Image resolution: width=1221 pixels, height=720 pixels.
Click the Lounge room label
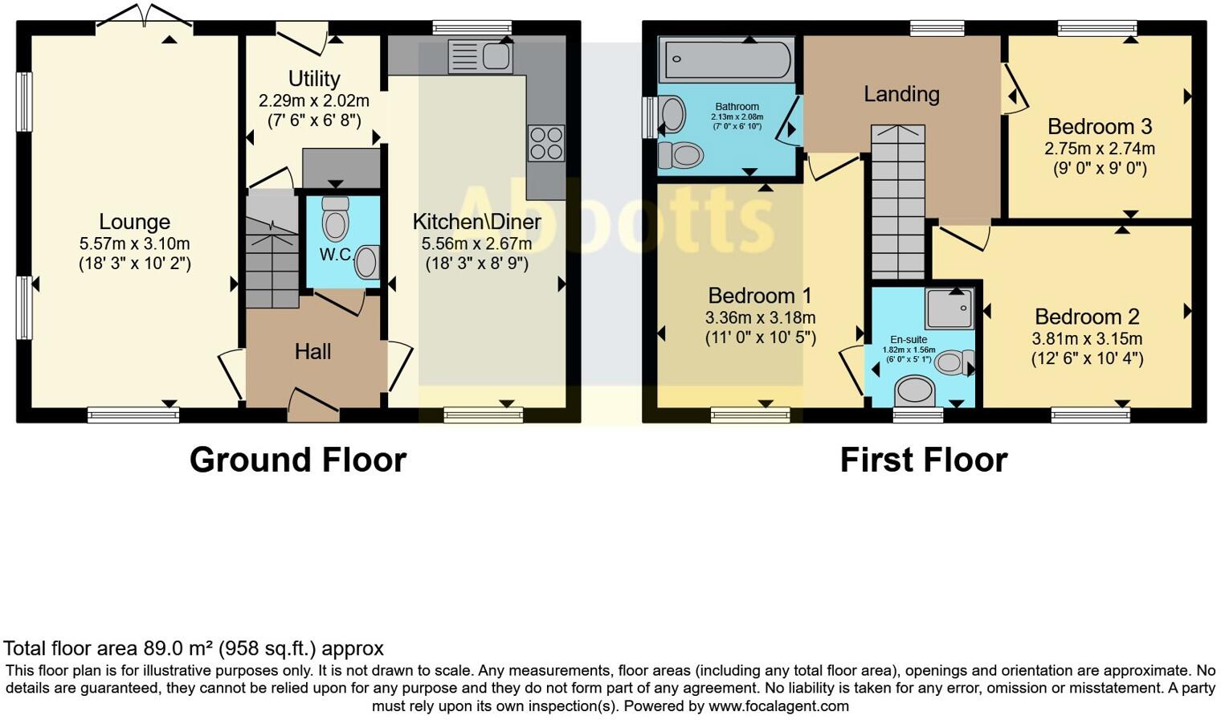(x=134, y=222)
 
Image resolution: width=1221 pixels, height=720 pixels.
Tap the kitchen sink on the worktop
(x=480, y=56)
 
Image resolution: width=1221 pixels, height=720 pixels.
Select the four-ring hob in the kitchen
(x=546, y=144)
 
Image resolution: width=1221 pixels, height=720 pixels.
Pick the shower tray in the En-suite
(x=949, y=309)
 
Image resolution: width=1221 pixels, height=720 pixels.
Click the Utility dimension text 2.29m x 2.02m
(x=314, y=101)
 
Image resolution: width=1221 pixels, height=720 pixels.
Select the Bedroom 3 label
(x=1100, y=127)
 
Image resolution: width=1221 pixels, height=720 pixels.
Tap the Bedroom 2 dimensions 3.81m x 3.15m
(x=1087, y=339)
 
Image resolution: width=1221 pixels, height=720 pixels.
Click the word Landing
(x=901, y=94)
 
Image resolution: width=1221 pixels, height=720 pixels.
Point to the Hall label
(x=312, y=351)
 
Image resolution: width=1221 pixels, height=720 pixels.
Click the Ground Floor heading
(x=298, y=460)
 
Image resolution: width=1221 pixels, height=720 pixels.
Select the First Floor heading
(x=923, y=460)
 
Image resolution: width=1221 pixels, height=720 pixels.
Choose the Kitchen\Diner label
(x=477, y=222)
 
